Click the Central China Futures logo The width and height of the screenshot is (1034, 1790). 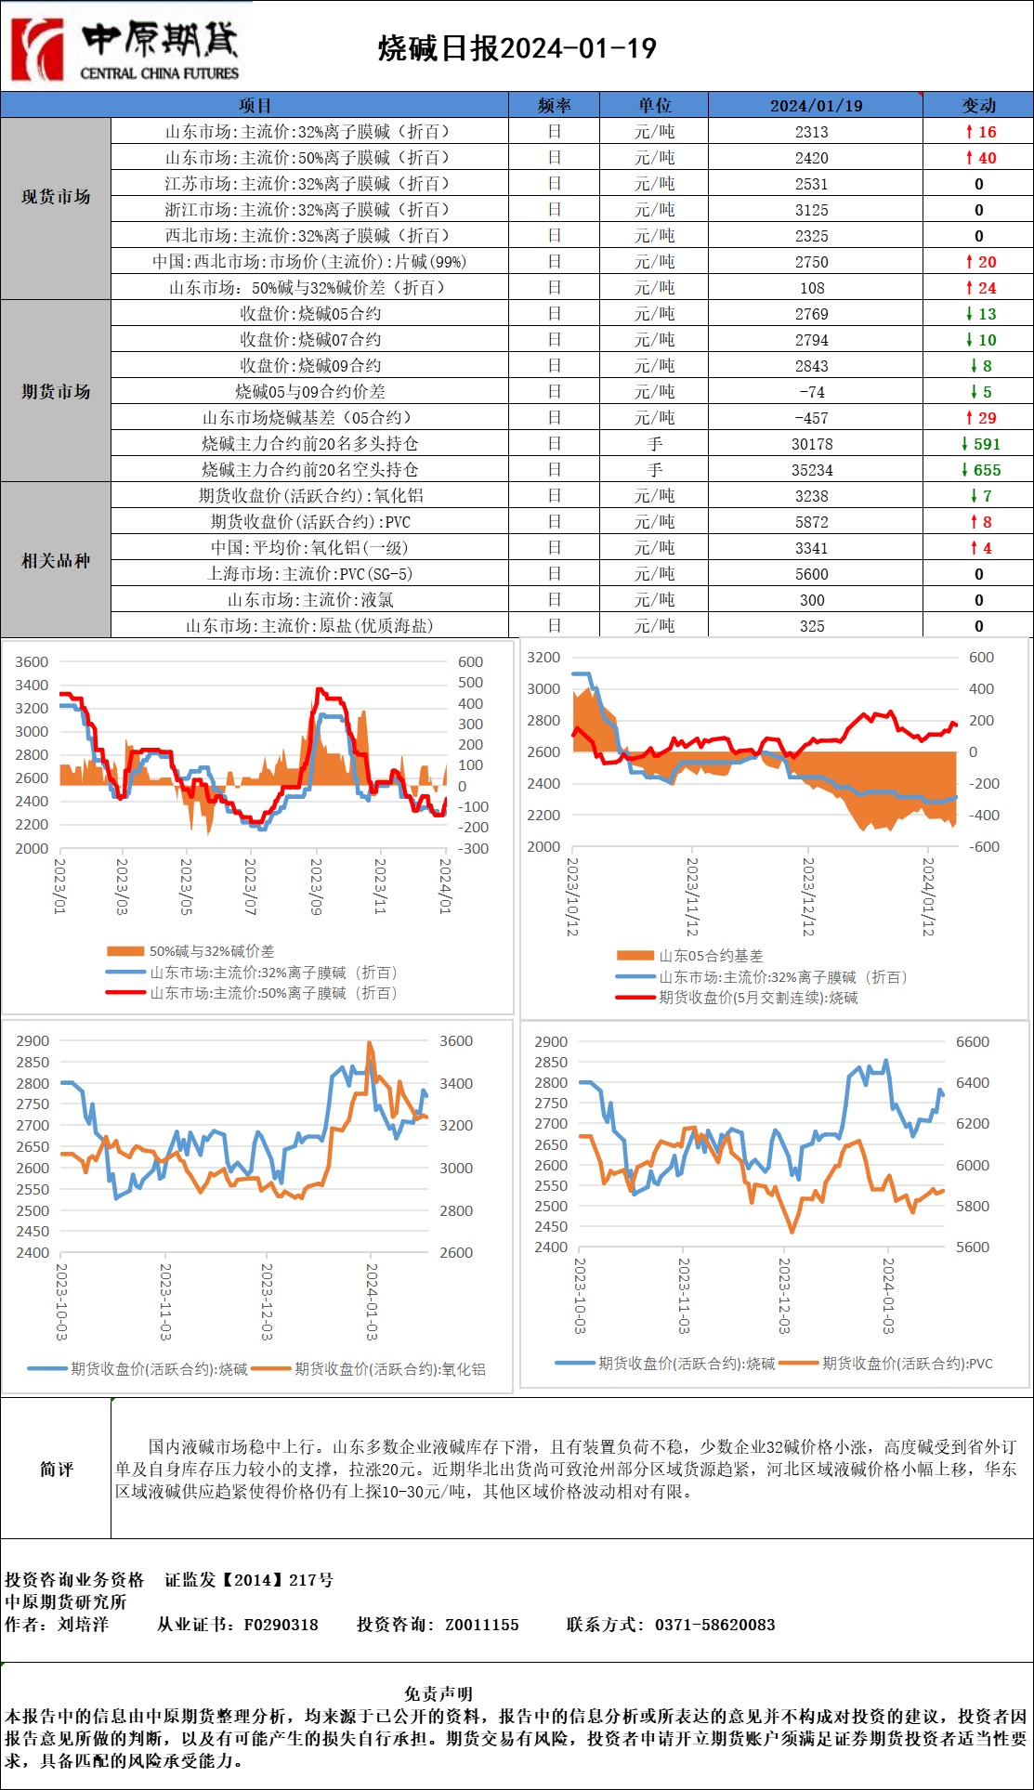click(x=125, y=46)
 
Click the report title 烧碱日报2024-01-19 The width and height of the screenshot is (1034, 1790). click(x=517, y=48)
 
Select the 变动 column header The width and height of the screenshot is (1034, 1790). click(x=978, y=105)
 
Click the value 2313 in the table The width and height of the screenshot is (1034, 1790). click(x=811, y=132)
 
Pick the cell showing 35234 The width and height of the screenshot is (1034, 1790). click(x=811, y=470)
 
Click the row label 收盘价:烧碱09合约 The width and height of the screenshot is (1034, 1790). click(x=309, y=366)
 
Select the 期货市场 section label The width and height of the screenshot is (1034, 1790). click(x=56, y=391)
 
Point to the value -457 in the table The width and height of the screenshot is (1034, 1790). click(x=811, y=418)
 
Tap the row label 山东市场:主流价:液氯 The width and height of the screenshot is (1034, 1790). click(x=309, y=600)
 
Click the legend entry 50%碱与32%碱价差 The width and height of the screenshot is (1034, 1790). click(x=211, y=951)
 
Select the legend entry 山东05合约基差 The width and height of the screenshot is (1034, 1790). click(x=710, y=956)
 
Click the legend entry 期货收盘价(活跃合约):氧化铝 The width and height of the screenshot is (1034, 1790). click(x=389, y=1369)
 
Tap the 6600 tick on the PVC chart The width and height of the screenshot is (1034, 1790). click(x=972, y=1042)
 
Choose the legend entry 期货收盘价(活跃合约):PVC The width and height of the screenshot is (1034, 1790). click(x=907, y=1364)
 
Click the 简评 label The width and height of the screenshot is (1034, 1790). click(x=56, y=1469)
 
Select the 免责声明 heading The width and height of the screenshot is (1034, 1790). click(x=438, y=1692)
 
